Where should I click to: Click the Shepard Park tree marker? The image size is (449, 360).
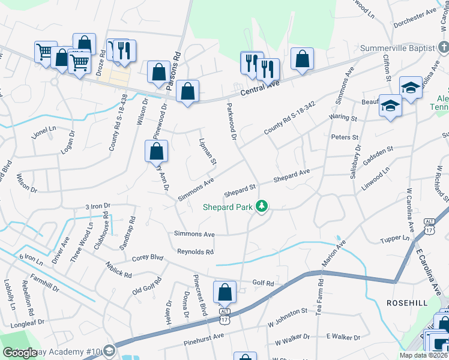coord(261,206)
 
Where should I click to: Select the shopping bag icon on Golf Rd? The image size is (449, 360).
coord(224,293)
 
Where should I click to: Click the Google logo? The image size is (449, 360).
coord(20,353)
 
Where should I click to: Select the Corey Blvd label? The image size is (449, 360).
coord(147,258)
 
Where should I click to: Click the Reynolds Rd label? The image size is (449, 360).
coord(195,252)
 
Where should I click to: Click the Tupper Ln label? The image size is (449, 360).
coord(394,239)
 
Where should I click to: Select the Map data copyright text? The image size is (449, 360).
coord(424,355)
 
